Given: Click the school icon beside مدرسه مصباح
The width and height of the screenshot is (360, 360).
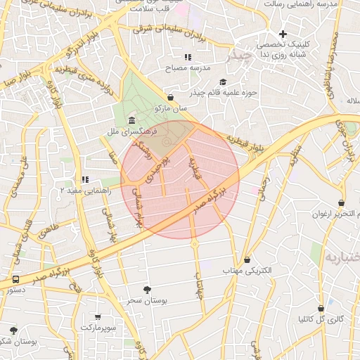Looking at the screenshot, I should point(188,57).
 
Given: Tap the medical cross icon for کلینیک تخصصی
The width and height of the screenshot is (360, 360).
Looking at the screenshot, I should point(283,34).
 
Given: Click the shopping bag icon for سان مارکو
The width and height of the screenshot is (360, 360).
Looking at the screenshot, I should point(170,98).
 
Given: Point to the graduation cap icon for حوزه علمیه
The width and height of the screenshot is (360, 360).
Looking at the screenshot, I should point(223,82).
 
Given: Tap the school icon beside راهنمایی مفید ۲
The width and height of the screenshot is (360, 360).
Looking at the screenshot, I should point(85,179).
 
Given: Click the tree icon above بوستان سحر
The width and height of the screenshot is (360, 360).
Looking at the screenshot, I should point(147,290).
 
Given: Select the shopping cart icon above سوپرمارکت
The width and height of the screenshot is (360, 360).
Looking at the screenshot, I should point(98,317).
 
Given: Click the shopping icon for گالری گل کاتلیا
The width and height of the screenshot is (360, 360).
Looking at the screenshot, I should point(321,308).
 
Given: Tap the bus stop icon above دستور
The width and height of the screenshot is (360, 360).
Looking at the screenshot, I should point(15,279).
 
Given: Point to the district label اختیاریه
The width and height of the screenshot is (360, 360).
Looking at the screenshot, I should point(341,258).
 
